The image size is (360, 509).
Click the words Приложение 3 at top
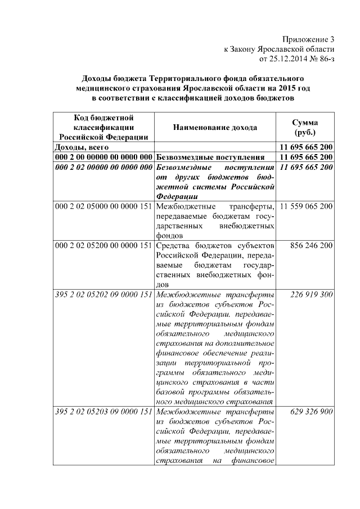tap(308, 39)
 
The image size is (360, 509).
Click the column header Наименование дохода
tap(215, 128)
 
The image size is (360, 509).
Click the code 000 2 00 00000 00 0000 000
tap(103, 157)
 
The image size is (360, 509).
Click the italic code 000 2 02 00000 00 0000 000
tap(103, 168)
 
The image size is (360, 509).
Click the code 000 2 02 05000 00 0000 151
tap(103, 206)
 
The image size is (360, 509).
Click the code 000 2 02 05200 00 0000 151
tap(103, 246)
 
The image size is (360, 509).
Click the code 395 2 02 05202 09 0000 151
tap(103, 294)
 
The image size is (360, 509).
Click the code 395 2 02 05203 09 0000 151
tap(103, 412)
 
